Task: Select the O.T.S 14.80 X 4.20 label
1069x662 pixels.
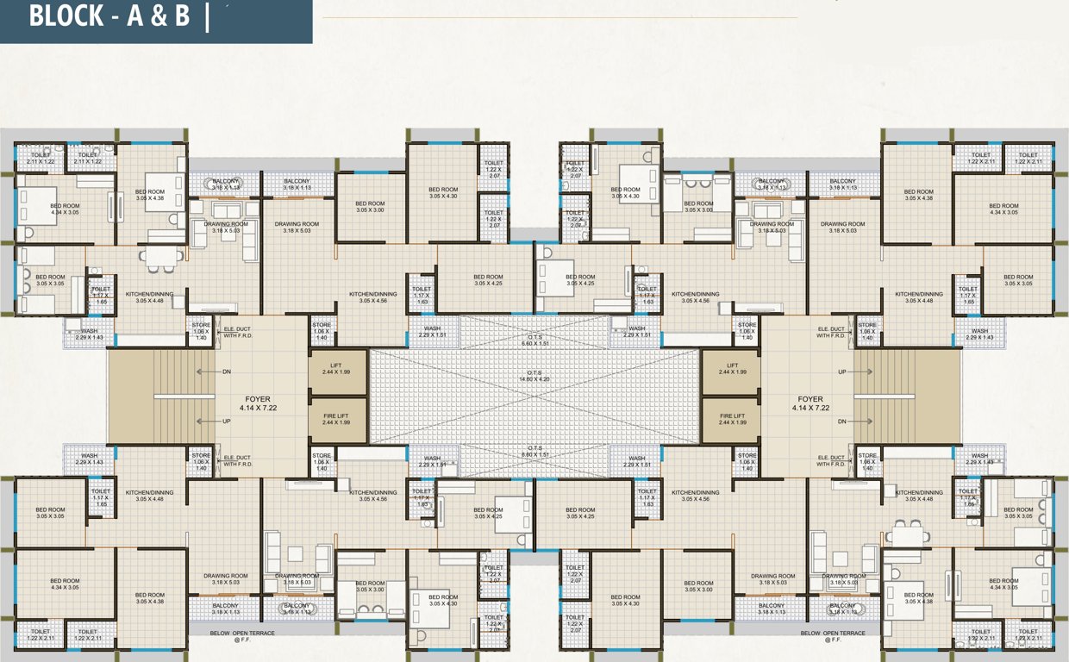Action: pyautogui.click(x=534, y=375)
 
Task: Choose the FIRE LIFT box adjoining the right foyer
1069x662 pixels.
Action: pyautogui.click(x=732, y=419)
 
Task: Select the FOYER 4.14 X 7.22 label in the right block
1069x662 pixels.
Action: pyautogui.click(x=810, y=403)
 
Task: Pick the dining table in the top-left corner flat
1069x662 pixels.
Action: pyautogui.click(x=162, y=256)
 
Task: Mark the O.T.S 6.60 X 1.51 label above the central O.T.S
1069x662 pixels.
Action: pyautogui.click(x=534, y=340)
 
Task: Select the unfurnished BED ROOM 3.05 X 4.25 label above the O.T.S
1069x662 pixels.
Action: pyautogui.click(x=488, y=279)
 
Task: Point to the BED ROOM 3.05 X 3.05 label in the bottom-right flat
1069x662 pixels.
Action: pyautogui.click(x=1017, y=513)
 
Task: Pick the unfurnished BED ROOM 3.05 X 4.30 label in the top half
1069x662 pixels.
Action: pyautogui.click(x=443, y=192)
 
